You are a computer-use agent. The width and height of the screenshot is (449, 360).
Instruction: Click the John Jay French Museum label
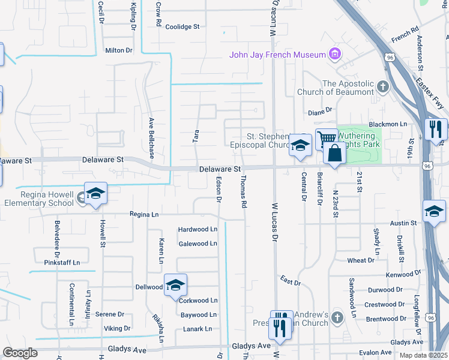tap(277, 55)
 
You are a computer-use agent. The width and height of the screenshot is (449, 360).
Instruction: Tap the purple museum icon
tap(335, 55)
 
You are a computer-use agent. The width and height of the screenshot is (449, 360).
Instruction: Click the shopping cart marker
tap(327, 139)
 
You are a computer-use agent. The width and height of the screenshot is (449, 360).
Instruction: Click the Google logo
tap(20, 353)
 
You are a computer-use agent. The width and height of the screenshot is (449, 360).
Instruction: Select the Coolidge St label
tap(182, 27)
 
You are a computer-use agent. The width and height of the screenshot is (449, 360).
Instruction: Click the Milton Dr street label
tap(118, 50)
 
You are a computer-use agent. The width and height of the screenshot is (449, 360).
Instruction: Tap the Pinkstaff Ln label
tap(62, 262)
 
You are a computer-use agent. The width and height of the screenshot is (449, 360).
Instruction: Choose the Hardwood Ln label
tap(197, 229)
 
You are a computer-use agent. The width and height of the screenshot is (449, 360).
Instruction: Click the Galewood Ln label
tap(197, 244)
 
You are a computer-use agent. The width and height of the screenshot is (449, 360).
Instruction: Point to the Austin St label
tap(403, 223)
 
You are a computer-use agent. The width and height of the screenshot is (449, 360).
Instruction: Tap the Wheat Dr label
tap(361, 260)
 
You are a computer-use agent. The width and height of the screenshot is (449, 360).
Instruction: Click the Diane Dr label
tap(320, 110)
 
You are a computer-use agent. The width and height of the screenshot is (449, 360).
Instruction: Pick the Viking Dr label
tap(117, 328)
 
